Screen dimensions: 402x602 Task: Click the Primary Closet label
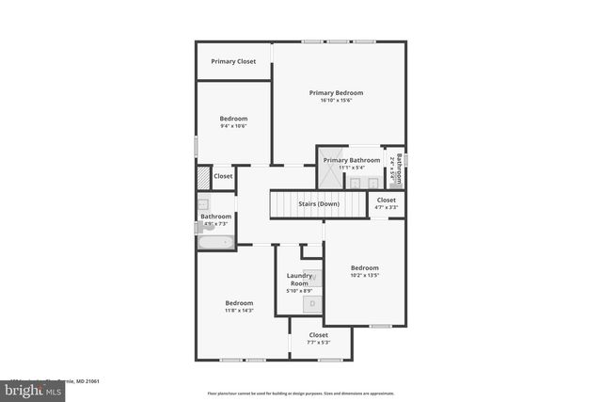point(233,61)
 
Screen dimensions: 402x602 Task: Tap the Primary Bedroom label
point(336,92)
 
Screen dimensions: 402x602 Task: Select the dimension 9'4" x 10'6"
point(233,125)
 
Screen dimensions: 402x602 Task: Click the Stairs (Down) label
point(319,203)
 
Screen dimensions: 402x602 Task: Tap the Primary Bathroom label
point(352,160)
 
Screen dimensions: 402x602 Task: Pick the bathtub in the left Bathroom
point(214,242)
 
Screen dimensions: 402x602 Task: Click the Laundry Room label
point(299,279)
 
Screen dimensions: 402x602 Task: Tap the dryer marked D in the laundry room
point(312,303)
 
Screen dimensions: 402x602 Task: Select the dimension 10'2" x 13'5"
point(364,275)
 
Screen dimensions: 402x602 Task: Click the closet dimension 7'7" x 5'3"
point(319,342)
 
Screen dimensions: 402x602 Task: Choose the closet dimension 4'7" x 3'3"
point(387,207)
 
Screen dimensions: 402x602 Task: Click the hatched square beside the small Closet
point(202,177)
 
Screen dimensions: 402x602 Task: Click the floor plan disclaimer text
point(300,394)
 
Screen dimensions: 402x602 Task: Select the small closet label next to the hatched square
point(223,176)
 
